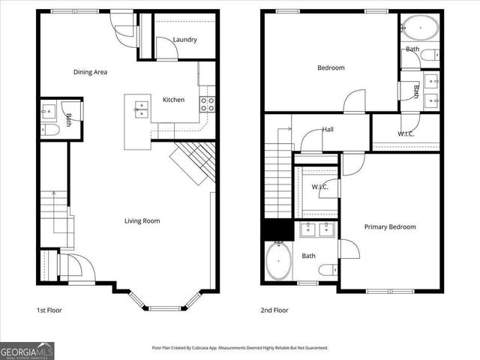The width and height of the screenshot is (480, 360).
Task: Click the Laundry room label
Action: coord(184,40)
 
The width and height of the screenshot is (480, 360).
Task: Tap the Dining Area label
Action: coord(90,72)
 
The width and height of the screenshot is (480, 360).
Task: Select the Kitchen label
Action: coord(174,100)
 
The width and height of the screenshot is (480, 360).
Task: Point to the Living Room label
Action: coord(142,220)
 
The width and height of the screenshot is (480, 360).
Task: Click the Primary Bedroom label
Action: coord(390,226)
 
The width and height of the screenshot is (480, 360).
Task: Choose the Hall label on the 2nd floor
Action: coord(328,129)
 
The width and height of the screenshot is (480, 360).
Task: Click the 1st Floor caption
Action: coord(49,310)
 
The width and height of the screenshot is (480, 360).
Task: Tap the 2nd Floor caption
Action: coord(274,310)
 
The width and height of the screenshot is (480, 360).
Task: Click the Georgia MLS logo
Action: coord(27,349)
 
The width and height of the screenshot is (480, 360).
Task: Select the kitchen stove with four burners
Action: coord(207,103)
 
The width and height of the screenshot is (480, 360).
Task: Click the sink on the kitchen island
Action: coord(140,109)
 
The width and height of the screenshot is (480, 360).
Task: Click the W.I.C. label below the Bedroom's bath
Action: coord(406,134)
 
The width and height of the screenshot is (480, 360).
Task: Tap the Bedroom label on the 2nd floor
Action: coord(331,68)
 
